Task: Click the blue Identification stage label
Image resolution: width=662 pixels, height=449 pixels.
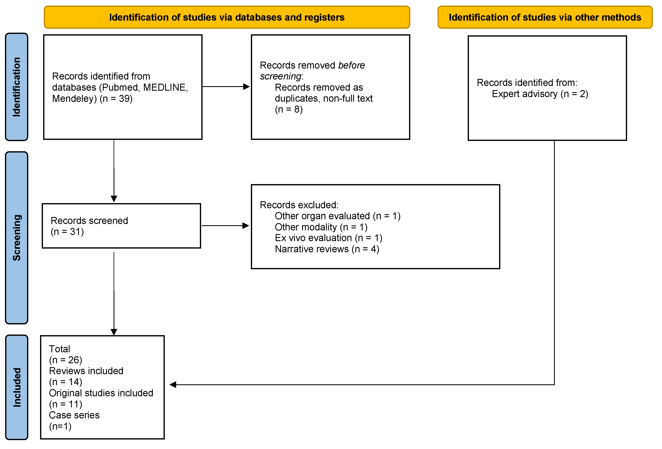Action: (x=17, y=87)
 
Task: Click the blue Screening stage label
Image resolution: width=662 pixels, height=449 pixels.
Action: (x=17, y=238)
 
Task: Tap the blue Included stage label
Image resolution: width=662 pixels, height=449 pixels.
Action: (x=17, y=387)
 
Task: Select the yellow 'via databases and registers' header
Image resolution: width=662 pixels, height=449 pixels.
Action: (x=227, y=17)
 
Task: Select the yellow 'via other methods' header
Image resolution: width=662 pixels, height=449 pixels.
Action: (x=545, y=17)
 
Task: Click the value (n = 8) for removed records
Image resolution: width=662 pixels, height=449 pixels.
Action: (x=288, y=110)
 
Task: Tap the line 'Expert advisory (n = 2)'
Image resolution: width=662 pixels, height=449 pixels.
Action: (x=540, y=94)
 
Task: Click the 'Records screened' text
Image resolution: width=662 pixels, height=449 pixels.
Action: (x=89, y=221)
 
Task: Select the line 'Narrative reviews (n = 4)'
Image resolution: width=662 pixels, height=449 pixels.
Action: (x=327, y=249)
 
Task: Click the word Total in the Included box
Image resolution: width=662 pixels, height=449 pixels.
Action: (x=59, y=349)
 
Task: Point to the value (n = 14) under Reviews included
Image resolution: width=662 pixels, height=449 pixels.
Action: (x=65, y=382)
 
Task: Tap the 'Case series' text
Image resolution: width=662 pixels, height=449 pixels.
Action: (x=74, y=415)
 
